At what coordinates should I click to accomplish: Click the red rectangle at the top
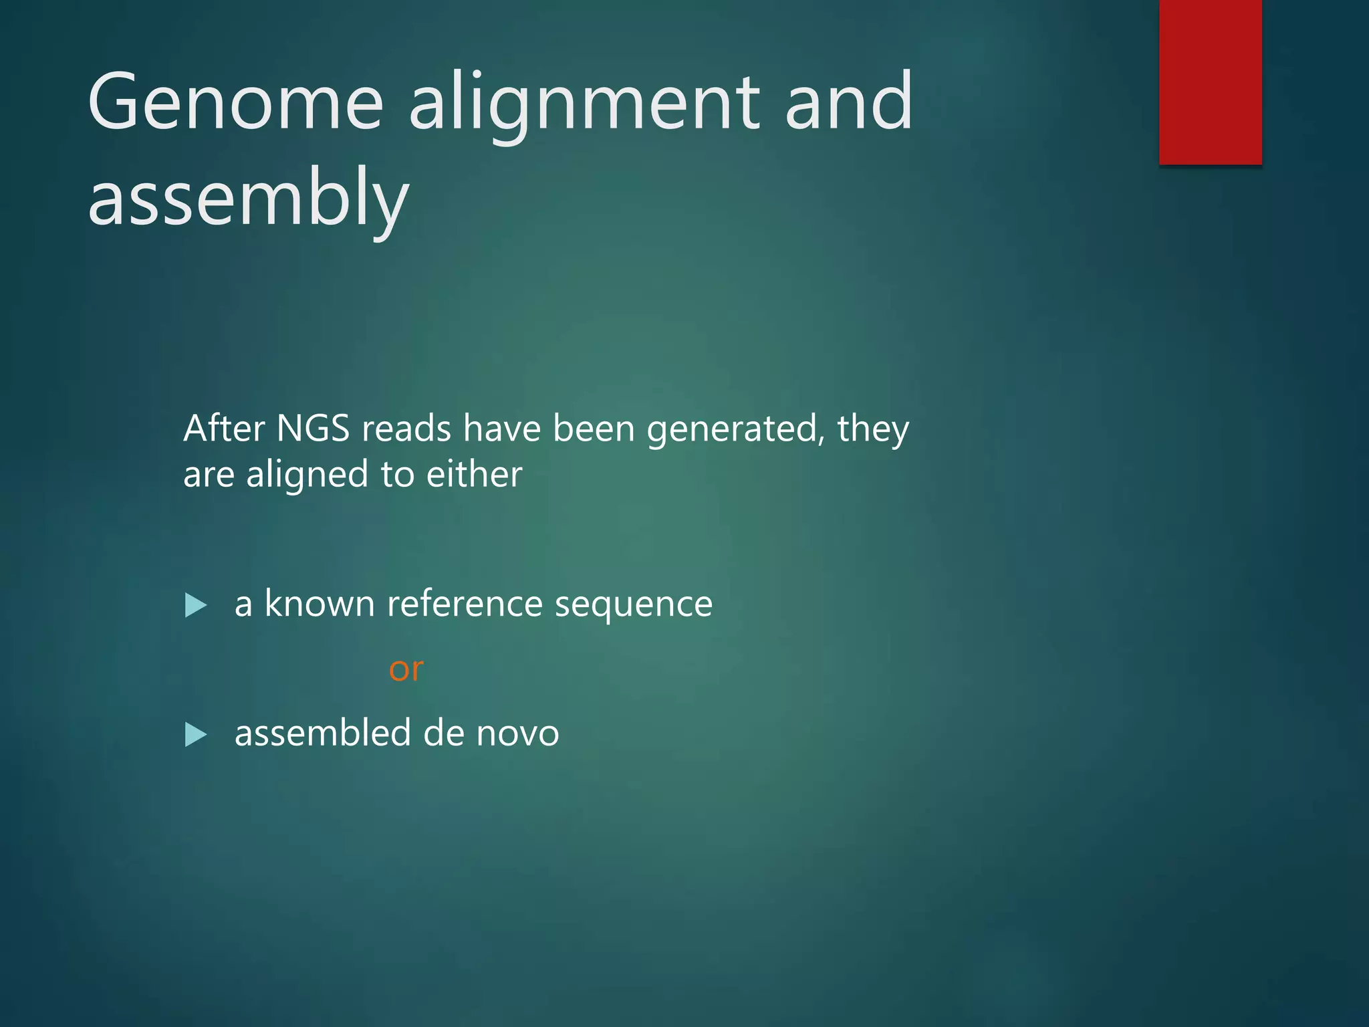(1210, 82)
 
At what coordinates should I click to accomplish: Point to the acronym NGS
(313, 428)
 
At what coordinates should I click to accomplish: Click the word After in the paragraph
(224, 428)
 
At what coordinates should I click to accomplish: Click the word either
(474, 474)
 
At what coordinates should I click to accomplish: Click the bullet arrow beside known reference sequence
(195, 605)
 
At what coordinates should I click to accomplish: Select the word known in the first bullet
(320, 603)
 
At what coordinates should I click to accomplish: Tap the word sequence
(633, 605)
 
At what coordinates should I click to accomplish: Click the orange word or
(406, 669)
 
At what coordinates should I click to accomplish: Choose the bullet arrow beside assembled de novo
(195, 735)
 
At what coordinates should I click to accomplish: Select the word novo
(517, 734)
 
